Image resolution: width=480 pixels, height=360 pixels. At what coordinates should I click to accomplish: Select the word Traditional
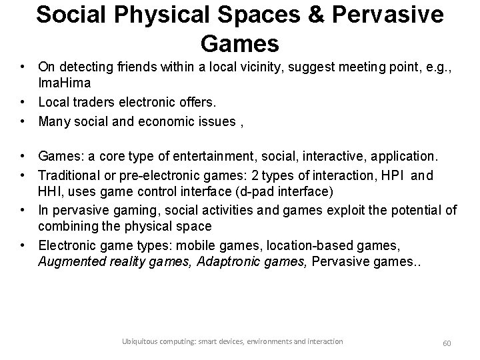click(69, 176)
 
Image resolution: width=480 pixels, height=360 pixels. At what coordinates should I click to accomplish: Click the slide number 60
click(447, 343)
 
